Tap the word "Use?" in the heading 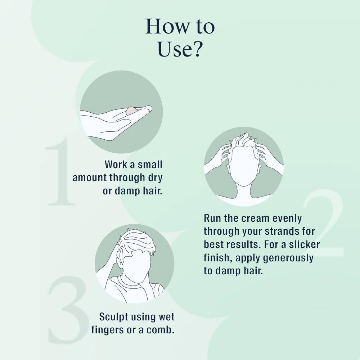click(x=180, y=49)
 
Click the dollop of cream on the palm click(x=131, y=111)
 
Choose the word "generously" click(x=288, y=258)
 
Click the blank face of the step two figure click(x=244, y=165)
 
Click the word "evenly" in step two click(x=287, y=219)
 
